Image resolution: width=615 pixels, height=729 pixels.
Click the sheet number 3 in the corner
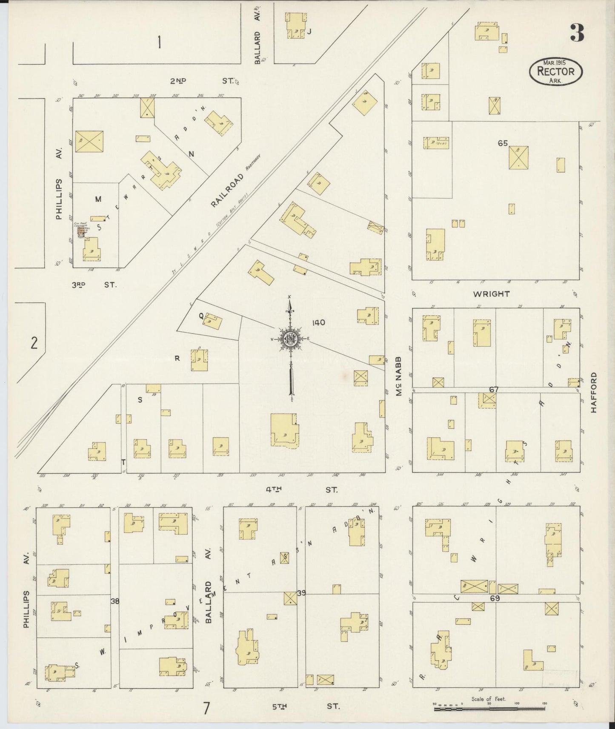pyautogui.click(x=577, y=33)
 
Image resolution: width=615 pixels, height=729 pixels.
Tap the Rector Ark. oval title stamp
pyautogui.click(x=556, y=71)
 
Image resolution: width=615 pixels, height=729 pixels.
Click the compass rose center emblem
pyautogui.click(x=290, y=339)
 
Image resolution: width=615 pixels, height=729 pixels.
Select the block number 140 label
pyautogui.click(x=318, y=323)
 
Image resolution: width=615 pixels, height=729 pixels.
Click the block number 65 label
pyautogui.click(x=503, y=143)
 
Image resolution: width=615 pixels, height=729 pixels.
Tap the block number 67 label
pyautogui.click(x=494, y=389)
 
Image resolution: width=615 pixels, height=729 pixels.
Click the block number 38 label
pyautogui.click(x=114, y=601)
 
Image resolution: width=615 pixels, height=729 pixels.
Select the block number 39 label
pyautogui.click(x=302, y=593)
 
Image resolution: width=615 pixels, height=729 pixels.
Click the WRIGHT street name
pyautogui.click(x=492, y=294)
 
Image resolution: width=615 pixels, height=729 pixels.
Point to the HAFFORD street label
pyautogui.click(x=594, y=393)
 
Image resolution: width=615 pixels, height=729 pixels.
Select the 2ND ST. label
pyautogui.click(x=203, y=80)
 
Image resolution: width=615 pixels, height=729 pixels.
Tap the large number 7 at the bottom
pyautogui.click(x=206, y=709)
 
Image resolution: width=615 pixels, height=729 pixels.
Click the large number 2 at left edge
pyautogui.click(x=34, y=343)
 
